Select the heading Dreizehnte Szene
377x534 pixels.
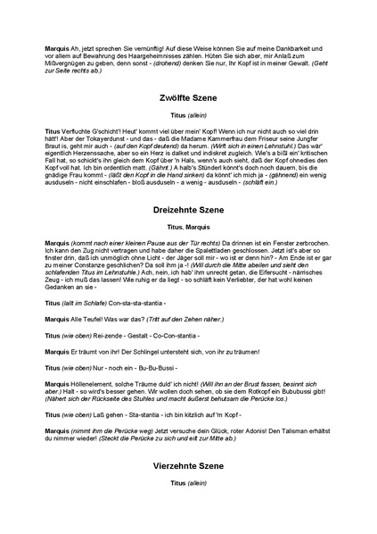pos(188,210)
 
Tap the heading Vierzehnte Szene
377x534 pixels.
pos(188,465)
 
